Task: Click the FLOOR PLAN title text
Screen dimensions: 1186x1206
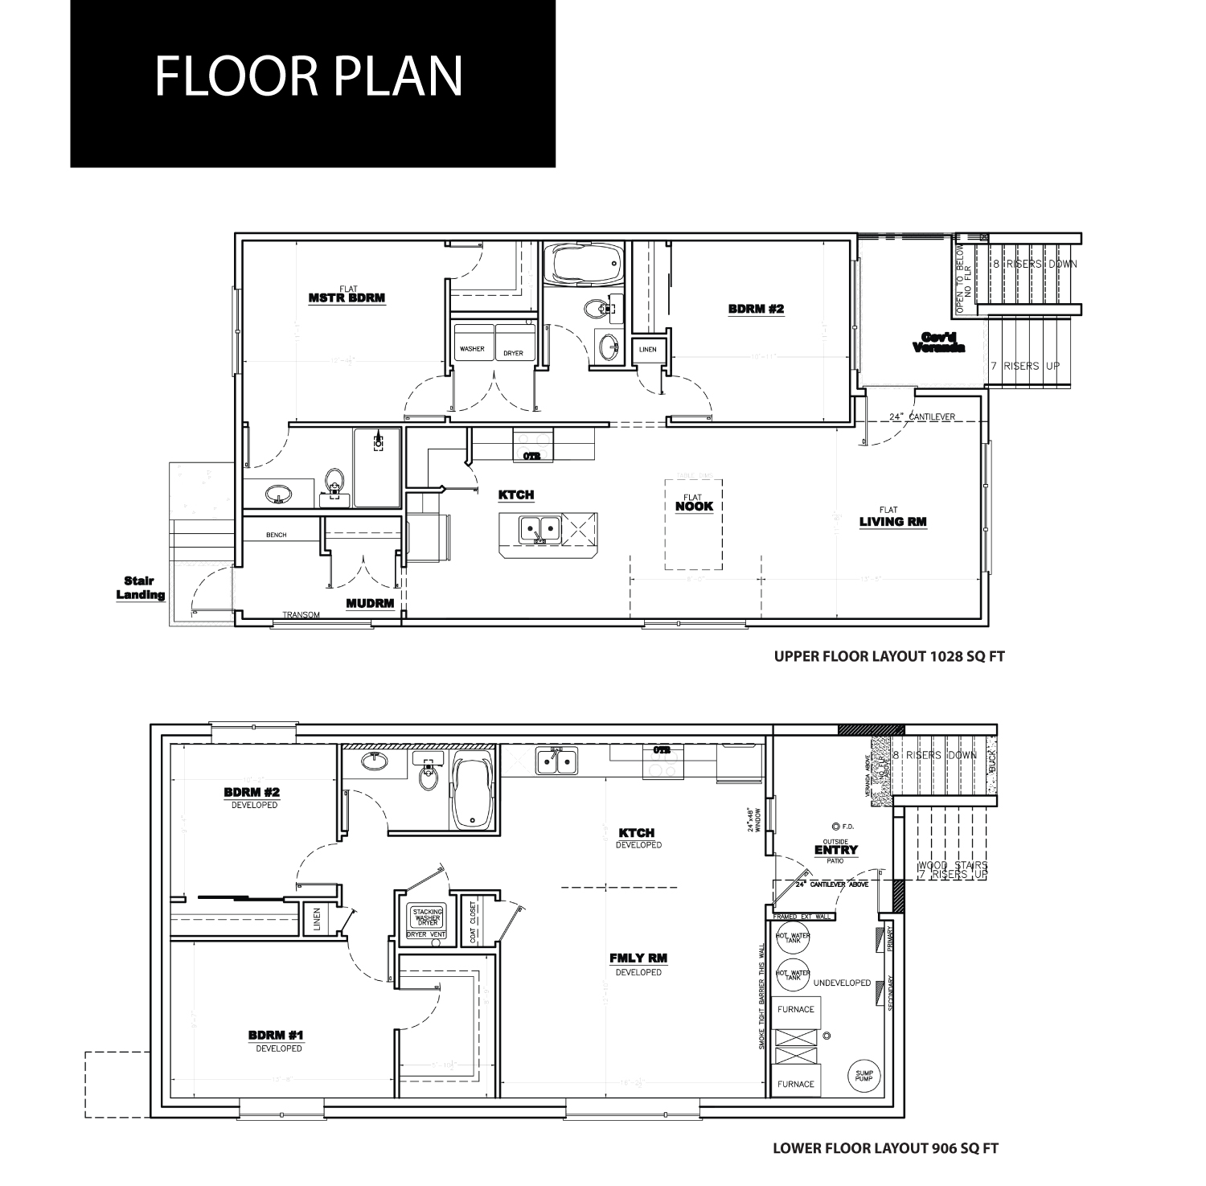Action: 309,76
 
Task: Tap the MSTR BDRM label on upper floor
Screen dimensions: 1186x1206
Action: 347,297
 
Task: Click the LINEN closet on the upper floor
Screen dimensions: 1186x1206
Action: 648,350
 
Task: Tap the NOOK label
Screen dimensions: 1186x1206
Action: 694,506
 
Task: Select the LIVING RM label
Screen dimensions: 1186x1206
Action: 892,521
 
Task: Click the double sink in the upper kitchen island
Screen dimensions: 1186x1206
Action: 539,529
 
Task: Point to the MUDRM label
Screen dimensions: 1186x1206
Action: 370,603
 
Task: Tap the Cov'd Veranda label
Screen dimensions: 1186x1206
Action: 938,343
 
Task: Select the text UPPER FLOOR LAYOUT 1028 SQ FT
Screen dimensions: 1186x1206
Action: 889,656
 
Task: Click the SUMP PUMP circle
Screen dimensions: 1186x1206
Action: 864,1075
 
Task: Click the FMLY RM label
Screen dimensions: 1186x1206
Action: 638,958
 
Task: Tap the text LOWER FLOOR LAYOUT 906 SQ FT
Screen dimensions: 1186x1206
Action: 885,1148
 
